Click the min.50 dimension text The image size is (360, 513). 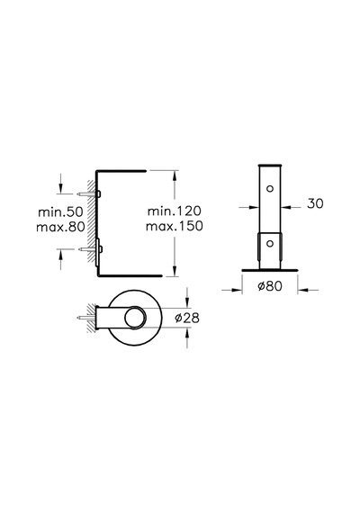60,211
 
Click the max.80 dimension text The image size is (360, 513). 60,227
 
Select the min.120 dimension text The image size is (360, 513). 175,211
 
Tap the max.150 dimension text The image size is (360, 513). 175,226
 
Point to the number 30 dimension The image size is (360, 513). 315,203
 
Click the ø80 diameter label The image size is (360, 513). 270,286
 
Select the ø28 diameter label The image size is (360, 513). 187,318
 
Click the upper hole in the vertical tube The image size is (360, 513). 270,189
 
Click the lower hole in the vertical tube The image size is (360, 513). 270,243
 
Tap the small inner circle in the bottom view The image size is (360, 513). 135,318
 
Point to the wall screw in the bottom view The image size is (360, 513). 85,318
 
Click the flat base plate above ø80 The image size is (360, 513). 270,270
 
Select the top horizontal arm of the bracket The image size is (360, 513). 121,170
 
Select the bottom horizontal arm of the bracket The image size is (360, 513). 130,275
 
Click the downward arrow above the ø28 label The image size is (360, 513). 187,298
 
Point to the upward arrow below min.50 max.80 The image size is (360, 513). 60,259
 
